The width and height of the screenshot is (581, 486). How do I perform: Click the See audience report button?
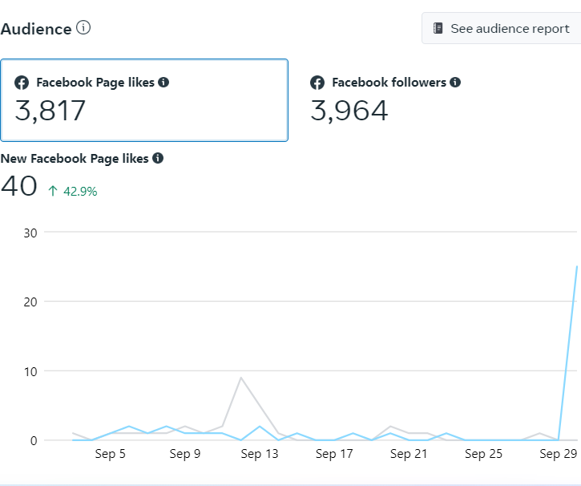(x=502, y=28)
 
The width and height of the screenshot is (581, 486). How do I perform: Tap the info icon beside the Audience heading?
(x=83, y=28)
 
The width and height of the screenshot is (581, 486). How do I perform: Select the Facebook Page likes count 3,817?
(x=50, y=111)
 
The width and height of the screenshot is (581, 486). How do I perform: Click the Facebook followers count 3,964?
(x=349, y=111)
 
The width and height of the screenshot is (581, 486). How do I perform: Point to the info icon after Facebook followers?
(x=455, y=82)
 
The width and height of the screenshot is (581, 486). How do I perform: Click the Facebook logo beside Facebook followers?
(x=318, y=83)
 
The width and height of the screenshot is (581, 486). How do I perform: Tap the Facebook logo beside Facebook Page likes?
(x=22, y=83)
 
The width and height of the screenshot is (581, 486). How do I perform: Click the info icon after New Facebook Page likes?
(x=158, y=158)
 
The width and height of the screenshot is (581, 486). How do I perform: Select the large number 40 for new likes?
(x=19, y=186)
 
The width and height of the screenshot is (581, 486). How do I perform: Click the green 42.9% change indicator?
(x=74, y=192)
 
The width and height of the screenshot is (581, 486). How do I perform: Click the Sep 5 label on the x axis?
(x=110, y=455)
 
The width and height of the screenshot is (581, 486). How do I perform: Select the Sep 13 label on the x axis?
(x=260, y=455)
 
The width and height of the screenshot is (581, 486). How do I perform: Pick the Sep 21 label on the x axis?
(x=409, y=455)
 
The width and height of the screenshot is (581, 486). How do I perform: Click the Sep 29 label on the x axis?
(x=559, y=455)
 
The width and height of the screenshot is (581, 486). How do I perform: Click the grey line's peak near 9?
(x=241, y=378)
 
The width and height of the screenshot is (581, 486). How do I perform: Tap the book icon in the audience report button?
(x=438, y=28)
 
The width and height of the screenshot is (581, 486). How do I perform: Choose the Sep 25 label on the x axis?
(x=483, y=455)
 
